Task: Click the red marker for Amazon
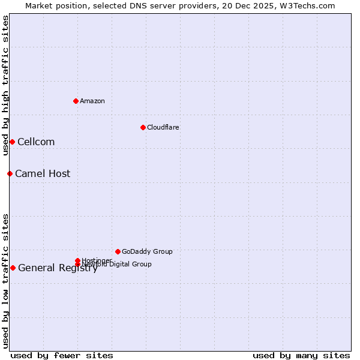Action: pyautogui.click(x=76, y=101)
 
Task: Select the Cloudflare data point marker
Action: pyautogui.click(x=143, y=127)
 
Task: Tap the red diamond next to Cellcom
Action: pyautogui.click(x=12, y=142)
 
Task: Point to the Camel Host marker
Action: pyautogui.click(x=10, y=173)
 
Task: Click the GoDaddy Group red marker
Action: pyautogui.click(x=118, y=251)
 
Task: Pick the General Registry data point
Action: pyautogui.click(x=13, y=268)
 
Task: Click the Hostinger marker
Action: pyautogui.click(x=77, y=260)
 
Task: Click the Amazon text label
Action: pyautogui.click(x=92, y=101)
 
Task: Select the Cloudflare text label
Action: pyautogui.click(x=163, y=127)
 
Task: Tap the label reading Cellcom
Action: pyautogui.click(x=36, y=142)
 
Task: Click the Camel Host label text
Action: pyautogui.click(x=43, y=173)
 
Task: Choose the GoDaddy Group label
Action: pyautogui.click(x=147, y=251)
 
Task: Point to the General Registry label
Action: pyautogui.click(x=58, y=268)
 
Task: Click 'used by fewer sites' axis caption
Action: pyautogui.click(x=62, y=355)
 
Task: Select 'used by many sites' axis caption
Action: pyautogui.click(x=301, y=355)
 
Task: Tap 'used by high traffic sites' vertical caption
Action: pyautogui.click(x=5, y=85)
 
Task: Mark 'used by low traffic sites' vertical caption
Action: pyautogui.click(x=5, y=280)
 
